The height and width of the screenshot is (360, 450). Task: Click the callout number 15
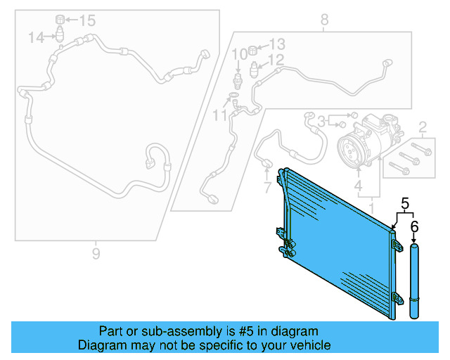pyautogui.click(x=86, y=20)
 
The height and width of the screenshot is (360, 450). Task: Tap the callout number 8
pyautogui.click(x=324, y=20)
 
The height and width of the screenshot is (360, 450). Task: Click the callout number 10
pyautogui.click(x=240, y=53)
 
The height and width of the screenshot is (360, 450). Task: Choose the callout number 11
pyautogui.click(x=221, y=114)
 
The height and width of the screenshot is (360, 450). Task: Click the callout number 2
pyautogui.click(x=423, y=127)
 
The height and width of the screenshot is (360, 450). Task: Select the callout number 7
pyautogui.click(x=266, y=188)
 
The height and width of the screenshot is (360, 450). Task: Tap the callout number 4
pyautogui.click(x=358, y=187)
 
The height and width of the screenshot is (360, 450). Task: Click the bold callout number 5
pyautogui.click(x=404, y=204)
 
